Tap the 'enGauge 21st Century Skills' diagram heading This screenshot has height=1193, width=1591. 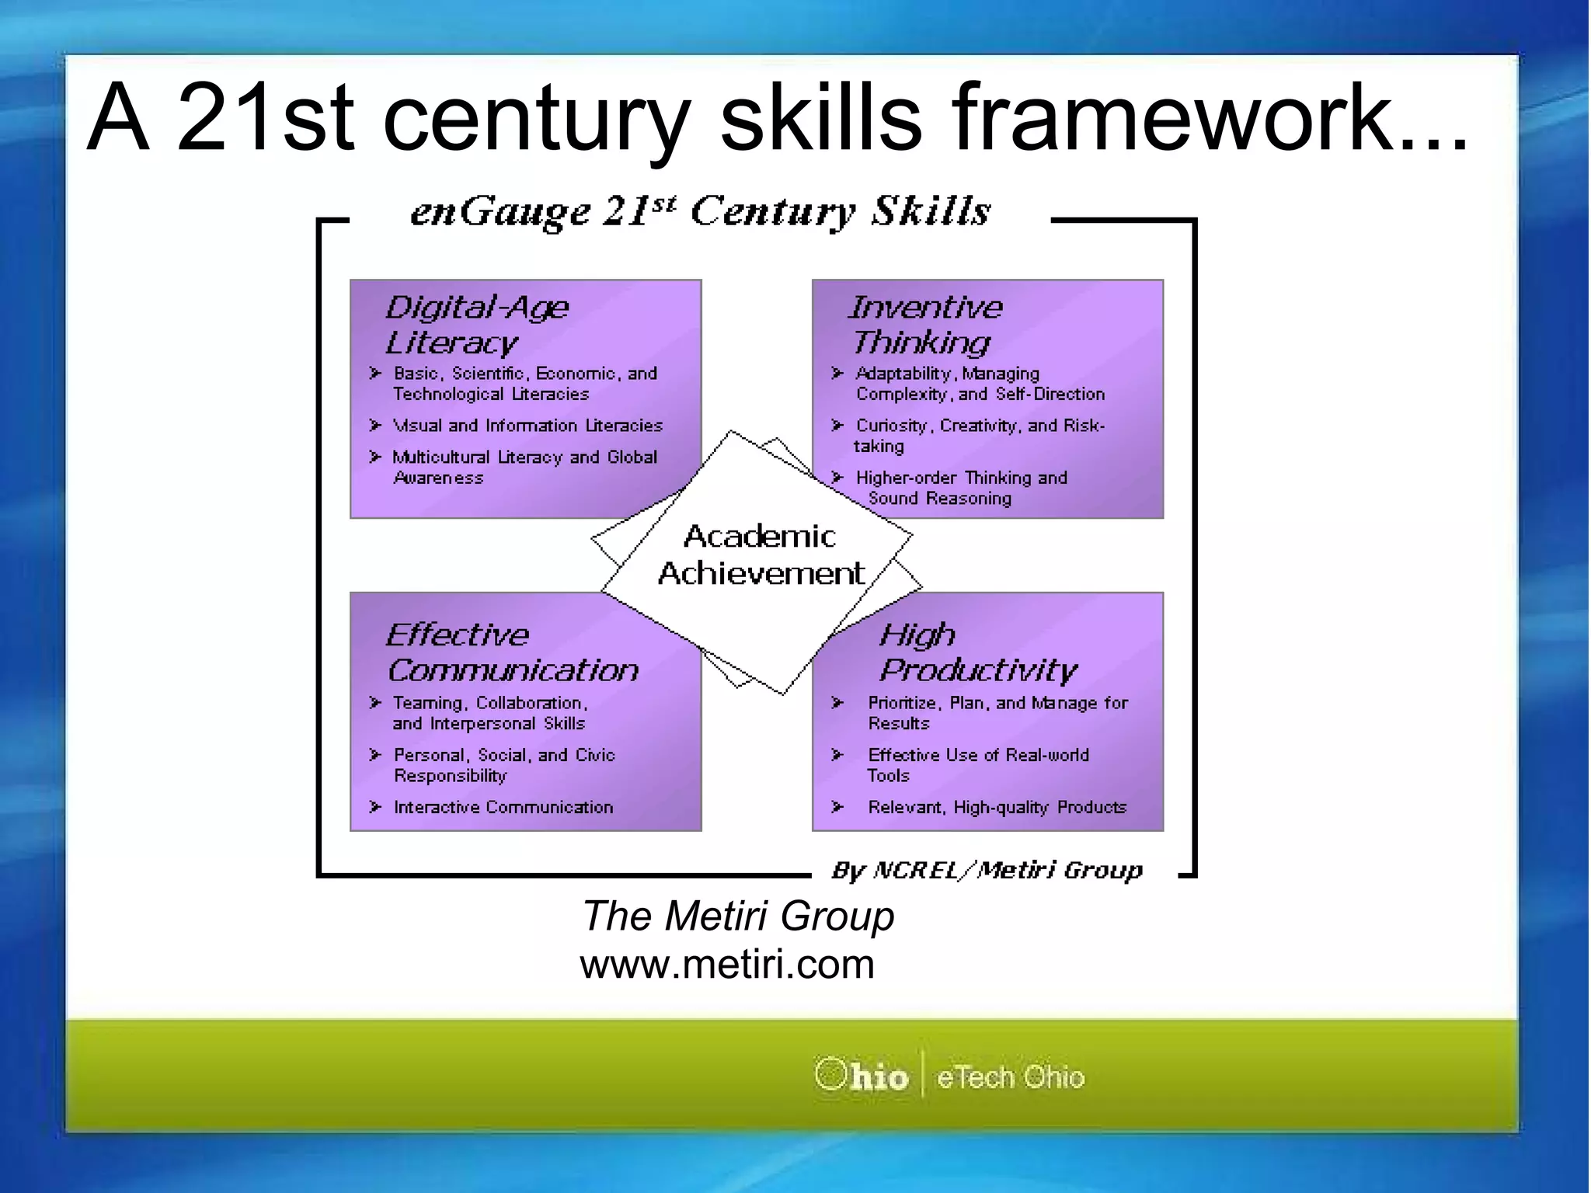tap(700, 211)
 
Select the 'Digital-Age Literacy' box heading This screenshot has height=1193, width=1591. tap(476, 325)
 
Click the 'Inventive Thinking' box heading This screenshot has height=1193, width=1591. tap(924, 325)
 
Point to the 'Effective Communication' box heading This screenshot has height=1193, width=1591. tap(512, 652)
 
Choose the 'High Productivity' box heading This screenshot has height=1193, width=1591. tap(977, 652)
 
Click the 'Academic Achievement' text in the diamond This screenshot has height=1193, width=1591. tap(760, 555)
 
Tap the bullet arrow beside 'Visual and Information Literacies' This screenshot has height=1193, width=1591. tap(376, 426)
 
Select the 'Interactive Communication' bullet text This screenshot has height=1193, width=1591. tap(503, 808)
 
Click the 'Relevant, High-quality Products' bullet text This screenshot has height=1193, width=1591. tap(997, 808)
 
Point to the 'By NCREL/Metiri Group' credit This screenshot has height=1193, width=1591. tap(987, 871)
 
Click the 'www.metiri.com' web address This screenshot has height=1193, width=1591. tap(727, 965)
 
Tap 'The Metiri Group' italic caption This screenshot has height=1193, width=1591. tap(738, 916)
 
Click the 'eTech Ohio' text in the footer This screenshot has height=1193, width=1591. tap(1010, 1077)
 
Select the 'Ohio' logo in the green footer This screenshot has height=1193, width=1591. tap(862, 1076)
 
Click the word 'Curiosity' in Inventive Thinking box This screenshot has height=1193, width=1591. tap(890, 426)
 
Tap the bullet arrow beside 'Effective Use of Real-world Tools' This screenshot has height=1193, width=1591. tap(837, 755)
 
